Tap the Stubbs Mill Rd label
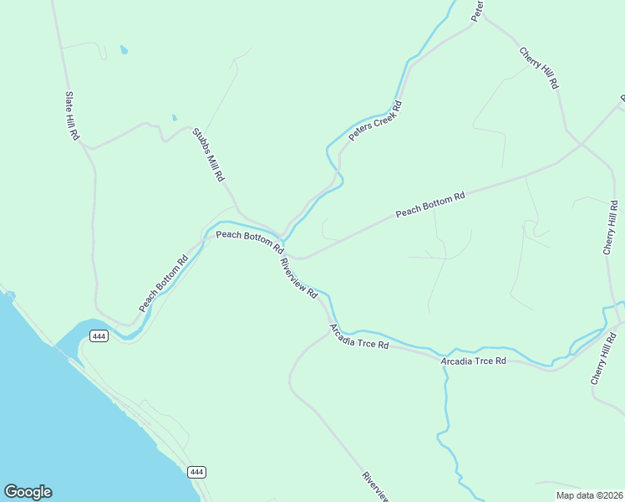click(x=209, y=155)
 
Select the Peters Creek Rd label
click(x=376, y=121)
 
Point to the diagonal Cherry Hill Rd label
click(x=539, y=69)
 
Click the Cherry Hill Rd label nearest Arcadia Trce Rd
click(x=603, y=357)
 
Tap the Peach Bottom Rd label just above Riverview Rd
click(x=250, y=241)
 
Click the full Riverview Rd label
click(x=298, y=278)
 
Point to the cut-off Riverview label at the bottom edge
click(x=375, y=487)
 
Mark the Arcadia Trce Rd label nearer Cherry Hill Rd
click(x=474, y=361)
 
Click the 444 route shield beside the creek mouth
click(x=99, y=336)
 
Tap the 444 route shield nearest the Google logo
click(x=196, y=472)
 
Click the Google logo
click(x=28, y=492)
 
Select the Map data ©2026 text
click(x=588, y=495)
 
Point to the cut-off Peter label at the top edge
click(x=478, y=10)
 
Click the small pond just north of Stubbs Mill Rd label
click(x=174, y=117)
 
